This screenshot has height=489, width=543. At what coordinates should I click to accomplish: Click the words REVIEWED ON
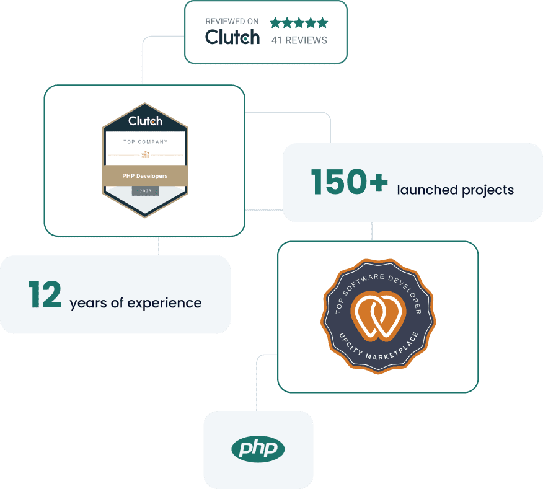[x=232, y=21]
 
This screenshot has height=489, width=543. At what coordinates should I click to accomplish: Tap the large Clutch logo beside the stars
[x=232, y=38]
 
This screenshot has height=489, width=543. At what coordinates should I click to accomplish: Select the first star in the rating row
[x=275, y=23]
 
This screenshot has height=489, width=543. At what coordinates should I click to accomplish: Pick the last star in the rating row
[x=322, y=23]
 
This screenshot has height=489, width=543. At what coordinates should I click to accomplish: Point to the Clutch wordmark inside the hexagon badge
[x=145, y=121]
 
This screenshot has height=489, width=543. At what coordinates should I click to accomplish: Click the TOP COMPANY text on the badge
[x=145, y=142]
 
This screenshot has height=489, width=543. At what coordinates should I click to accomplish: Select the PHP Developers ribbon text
[x=145, y=176]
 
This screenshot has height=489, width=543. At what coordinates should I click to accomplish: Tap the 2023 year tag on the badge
[x=145, y=191]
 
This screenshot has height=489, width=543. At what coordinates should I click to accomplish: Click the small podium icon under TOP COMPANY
[x=145, y=154]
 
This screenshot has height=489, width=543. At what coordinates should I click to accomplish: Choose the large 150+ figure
[x=349, y=182]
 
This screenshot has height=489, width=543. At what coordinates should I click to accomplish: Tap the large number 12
[x=45, y=295]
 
